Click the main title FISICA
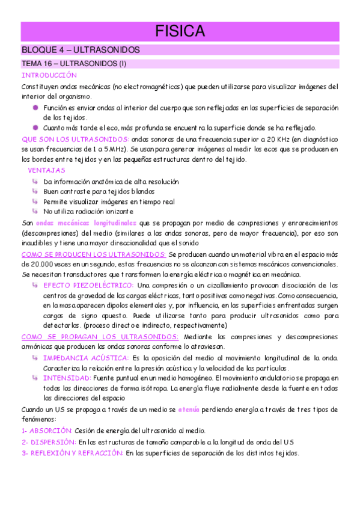180,31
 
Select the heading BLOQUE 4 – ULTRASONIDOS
80,50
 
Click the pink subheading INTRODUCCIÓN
49,75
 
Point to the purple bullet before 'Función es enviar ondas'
36,107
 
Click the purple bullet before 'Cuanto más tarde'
36,127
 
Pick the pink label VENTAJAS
47,171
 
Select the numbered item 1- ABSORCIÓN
47,431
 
